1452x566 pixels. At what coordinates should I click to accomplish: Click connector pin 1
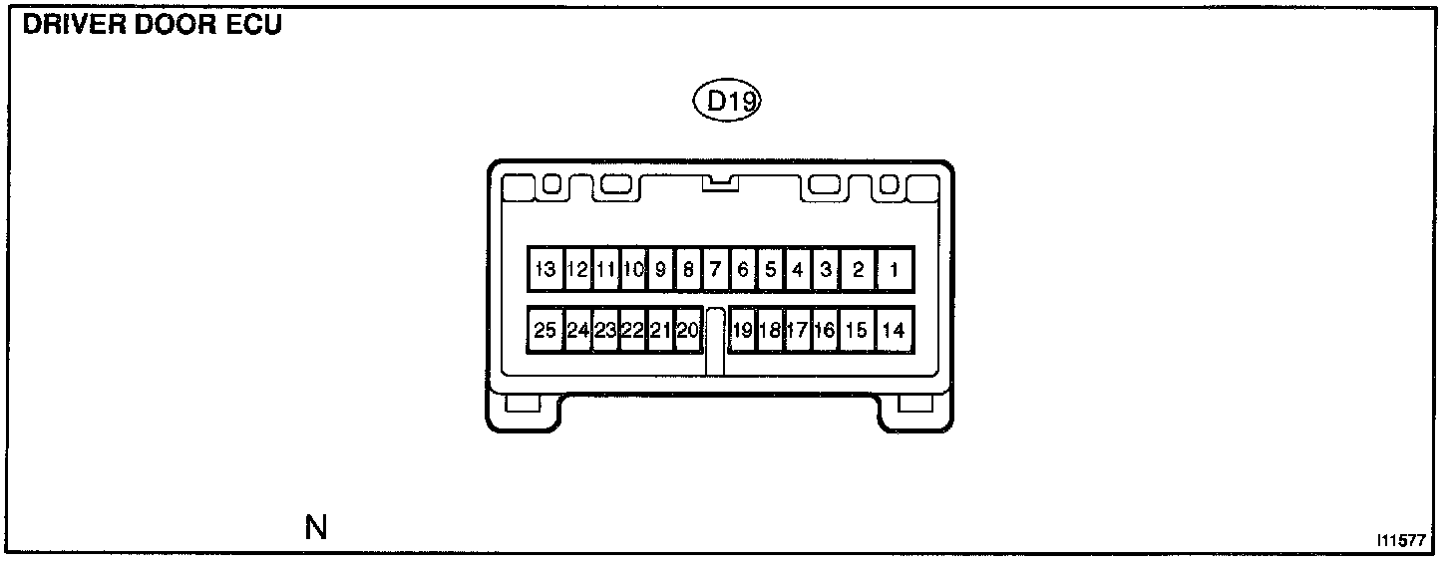[x=895, y=269]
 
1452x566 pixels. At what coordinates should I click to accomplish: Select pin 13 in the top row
[x=544, y=269]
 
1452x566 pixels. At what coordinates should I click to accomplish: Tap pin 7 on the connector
[x=715, y=269]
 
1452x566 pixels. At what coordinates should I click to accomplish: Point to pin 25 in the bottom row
[x=544, y=331]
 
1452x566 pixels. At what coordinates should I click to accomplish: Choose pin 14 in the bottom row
[x=895, y=331]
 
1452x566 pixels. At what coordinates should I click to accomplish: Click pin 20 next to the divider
[x=688, y=331]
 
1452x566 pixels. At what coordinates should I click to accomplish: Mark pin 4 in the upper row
[x=798, y=269]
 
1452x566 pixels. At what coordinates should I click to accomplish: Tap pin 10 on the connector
[x=633, y=269]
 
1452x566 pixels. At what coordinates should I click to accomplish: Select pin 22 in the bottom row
[x=632, y=331]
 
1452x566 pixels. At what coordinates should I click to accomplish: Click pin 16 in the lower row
[x=824, y=331]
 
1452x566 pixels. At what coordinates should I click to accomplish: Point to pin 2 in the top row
[x=858, y=269]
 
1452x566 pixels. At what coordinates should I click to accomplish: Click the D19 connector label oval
[x=727, y=101]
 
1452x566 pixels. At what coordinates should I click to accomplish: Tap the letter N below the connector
[x=316, y=527]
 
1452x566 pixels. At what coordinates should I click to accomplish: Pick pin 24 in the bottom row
[x=578, y=331]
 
